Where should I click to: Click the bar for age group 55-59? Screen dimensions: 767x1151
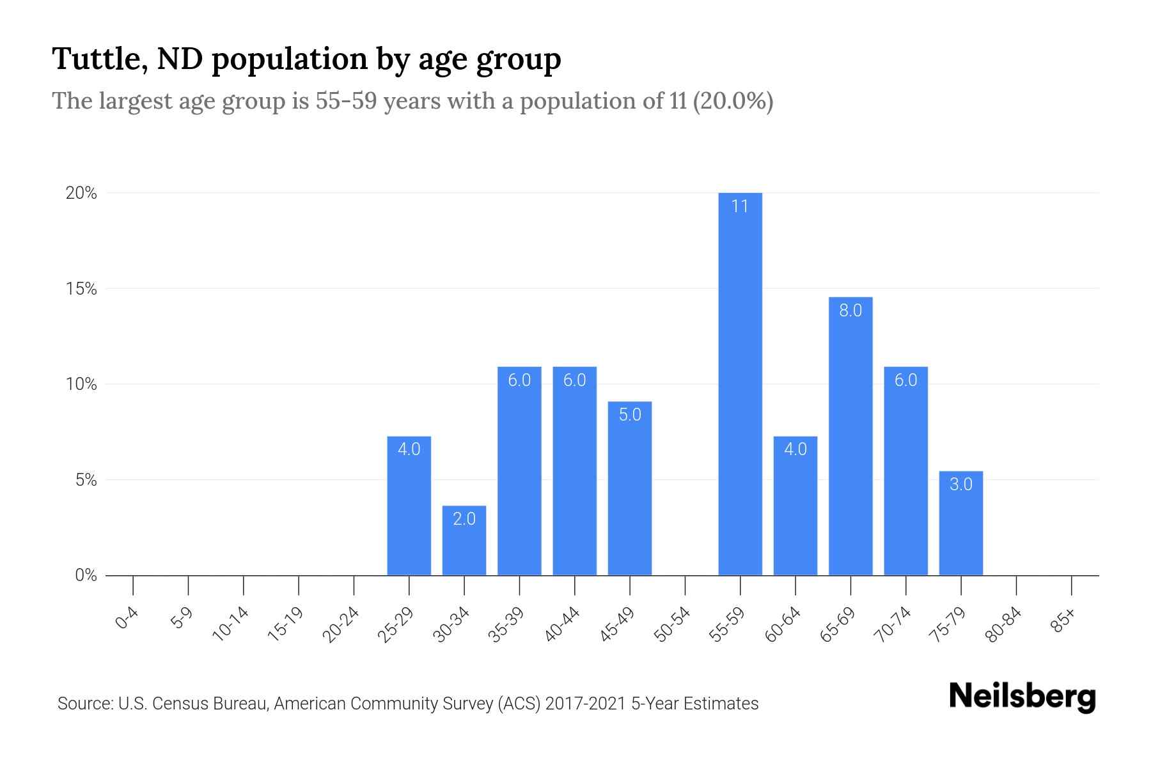point(740,383)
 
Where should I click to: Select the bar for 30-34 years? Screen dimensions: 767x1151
point(464,541)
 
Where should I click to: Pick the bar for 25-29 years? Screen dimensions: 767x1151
point(409,506)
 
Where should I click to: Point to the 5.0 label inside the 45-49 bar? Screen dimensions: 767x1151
point(630,415)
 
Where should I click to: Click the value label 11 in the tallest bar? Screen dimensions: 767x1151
point(740,206)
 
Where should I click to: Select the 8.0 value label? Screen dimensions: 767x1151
point(850,311)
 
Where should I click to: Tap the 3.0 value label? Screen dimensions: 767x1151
point(960,484)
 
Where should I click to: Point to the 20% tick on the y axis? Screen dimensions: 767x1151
point(81,193)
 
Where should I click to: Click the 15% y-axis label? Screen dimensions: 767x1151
point(81,289)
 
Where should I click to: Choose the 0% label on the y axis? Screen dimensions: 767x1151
point(86,575)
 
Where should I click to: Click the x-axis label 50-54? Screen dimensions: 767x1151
point(673,624)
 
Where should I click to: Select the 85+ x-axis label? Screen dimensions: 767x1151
point(1064,621)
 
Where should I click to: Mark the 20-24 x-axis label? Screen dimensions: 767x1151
point(341,624)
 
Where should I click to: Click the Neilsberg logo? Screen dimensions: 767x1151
point(1022,697)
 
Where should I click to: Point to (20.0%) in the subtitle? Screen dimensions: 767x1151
point(732,101)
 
